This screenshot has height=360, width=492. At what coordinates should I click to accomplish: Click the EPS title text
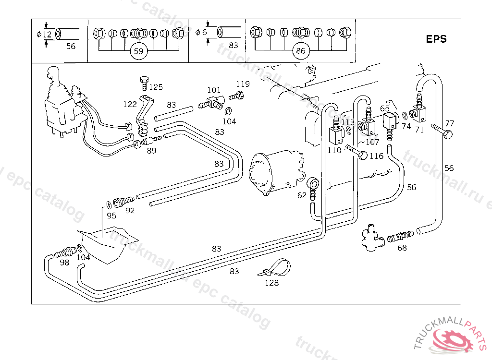click(436, 39)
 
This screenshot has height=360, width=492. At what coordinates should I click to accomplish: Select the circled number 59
click(138, 51)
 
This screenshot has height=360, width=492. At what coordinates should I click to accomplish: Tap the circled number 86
click(301, 51)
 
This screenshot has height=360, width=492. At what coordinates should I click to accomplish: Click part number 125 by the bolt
click(156, 87)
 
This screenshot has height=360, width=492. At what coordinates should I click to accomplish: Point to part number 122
click(130, 104)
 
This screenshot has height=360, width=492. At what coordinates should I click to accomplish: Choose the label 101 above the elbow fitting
click(214, 90)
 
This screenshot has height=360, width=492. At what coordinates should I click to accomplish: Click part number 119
click(243, 84)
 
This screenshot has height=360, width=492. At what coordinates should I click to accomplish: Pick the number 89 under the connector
click(151, 151)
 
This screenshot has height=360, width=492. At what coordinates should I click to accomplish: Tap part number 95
click(111, 216)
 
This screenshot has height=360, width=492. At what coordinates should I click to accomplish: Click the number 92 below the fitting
click(130, 210)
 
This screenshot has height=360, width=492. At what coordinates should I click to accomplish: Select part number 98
click(64, 262)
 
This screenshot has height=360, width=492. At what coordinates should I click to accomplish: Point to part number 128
click(271, 283)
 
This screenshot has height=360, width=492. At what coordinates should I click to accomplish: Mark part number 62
click(301, 195)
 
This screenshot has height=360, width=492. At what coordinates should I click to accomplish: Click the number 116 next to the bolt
click(376, 156)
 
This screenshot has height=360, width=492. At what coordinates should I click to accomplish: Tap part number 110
click(334, 150)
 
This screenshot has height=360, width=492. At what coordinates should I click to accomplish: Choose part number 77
click(449, 123)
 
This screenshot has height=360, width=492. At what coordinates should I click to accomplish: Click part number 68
click(402, 248)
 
